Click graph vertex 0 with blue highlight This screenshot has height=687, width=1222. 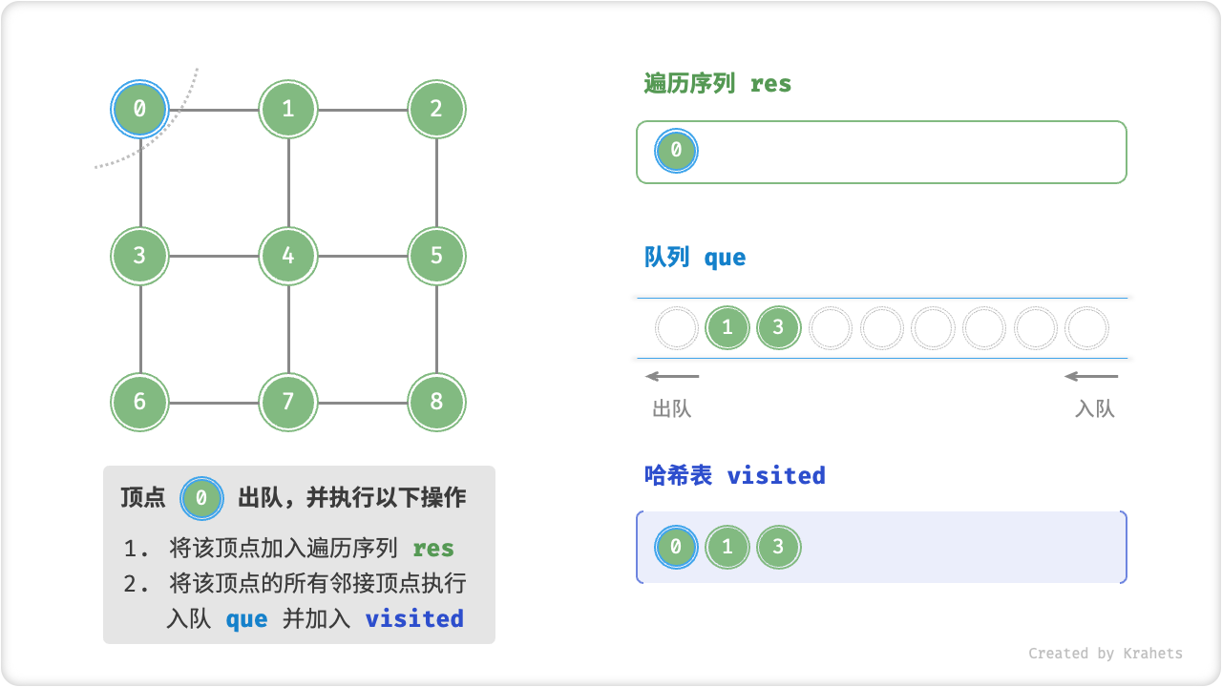[140, 109]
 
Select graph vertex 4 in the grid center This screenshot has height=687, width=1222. [288, 256]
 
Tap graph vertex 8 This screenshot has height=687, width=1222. [436, 402]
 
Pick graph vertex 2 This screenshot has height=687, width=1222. [436, 109]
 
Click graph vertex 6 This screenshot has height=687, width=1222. [140, 402]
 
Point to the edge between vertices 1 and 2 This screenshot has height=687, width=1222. [362, 109]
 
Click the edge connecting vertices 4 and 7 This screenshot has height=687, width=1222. [288, 329]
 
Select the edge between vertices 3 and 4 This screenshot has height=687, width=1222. [214, 256]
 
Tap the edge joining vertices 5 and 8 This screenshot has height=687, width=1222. [436, 329]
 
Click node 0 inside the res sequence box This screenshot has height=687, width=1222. [676, 151]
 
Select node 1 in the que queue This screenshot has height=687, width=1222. [727, 328]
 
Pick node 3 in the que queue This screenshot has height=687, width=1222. [778, 328]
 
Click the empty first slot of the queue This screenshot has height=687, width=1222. [677, 328]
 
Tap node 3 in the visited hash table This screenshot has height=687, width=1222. [778, 548]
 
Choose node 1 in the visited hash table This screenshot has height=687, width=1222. [727, 548]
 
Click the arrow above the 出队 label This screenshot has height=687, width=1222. [672, 376]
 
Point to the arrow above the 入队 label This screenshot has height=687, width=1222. [1091, 376]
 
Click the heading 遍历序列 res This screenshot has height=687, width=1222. [718, 84]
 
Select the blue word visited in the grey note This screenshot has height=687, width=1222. [414, 618]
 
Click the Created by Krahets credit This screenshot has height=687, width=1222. [1105, 654]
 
